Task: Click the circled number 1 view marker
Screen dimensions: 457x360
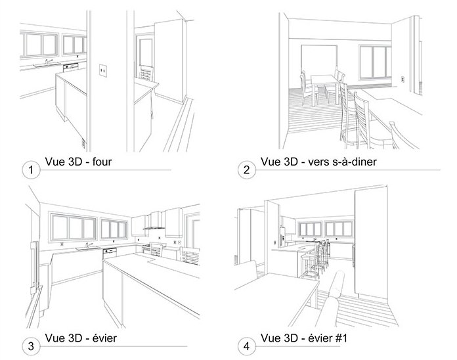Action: pos(31,169)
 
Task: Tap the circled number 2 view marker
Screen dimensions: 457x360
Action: pos(247,169)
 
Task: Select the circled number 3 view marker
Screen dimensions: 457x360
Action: pos(31,346)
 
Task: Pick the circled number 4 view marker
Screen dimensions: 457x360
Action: pos(247,346)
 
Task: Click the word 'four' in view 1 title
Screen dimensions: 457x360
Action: pos(102,162)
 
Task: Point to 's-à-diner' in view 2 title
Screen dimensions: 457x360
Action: pos(355,162)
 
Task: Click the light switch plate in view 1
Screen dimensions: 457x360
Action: pos(103,70)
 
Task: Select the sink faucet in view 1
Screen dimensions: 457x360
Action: pos(48,62)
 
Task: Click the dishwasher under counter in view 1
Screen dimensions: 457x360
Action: pos(70,68)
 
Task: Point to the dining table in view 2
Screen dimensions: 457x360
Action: pos(324,87)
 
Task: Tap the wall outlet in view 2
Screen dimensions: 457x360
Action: pos(403,79)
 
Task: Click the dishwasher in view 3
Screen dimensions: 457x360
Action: pos(110,254)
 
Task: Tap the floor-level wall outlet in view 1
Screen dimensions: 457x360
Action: pos(83,143)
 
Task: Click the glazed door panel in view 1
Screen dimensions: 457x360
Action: pos(145,54)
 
